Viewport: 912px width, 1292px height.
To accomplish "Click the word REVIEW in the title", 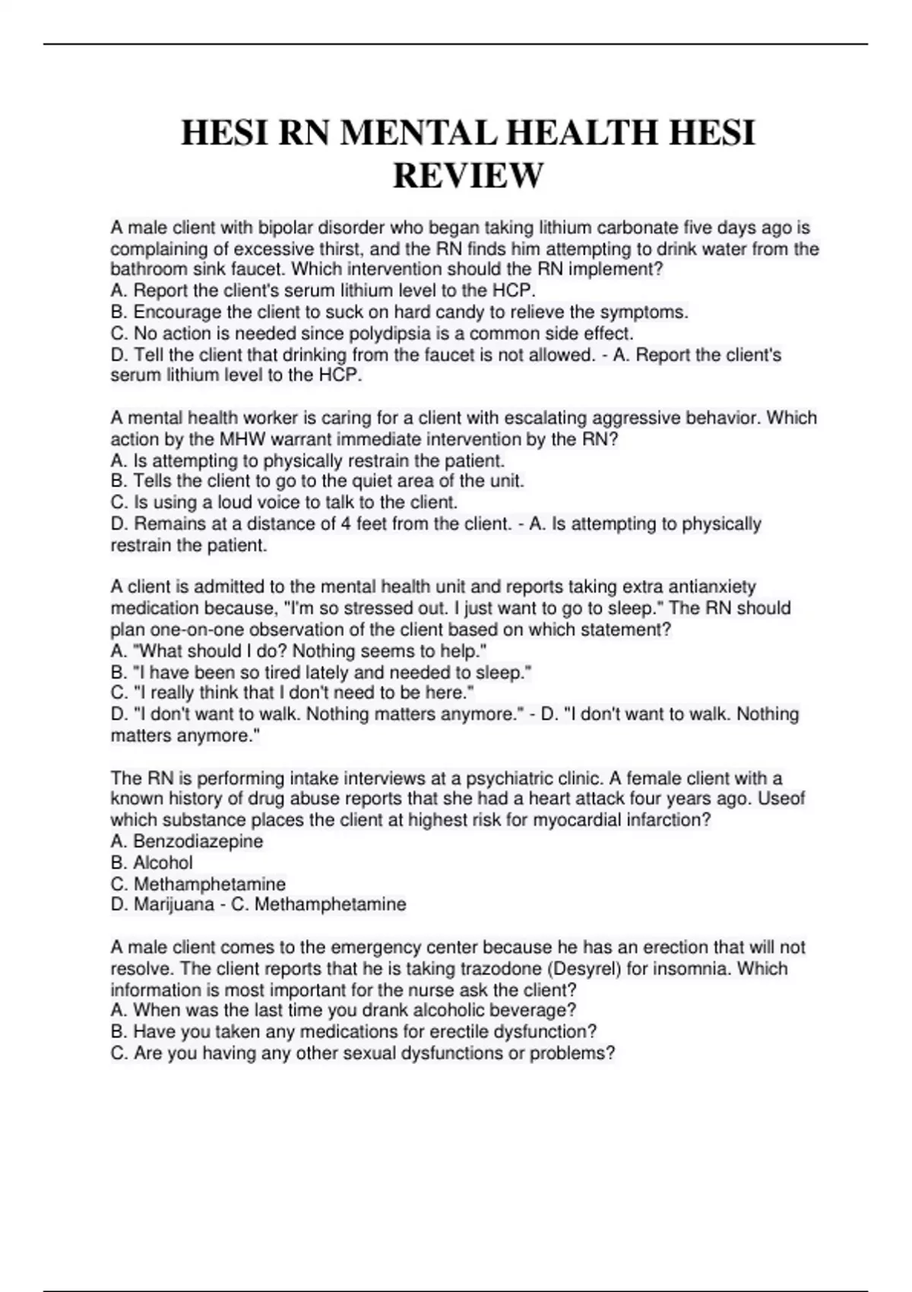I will pyautogui.click(x=467, y=176).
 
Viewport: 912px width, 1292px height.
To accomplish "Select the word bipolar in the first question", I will pyautogui.click(x=284, y=227).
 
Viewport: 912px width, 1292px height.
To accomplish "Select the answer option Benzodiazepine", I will pyautogui.click(x=198, y=841).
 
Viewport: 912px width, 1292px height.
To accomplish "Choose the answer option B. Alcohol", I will pyautogui.click(x=152, y=863).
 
